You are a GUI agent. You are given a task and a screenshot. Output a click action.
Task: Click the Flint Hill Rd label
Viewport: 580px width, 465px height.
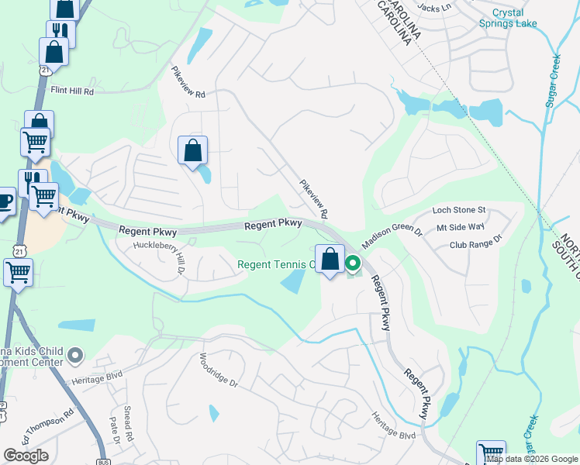tap(72, 91)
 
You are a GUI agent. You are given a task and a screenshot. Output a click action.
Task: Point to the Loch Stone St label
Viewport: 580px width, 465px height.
tap(458, 210)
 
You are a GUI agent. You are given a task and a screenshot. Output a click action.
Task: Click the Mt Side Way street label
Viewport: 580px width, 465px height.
tap(461, 227)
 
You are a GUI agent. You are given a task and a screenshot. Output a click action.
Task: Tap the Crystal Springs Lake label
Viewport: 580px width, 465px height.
tap(519, 18)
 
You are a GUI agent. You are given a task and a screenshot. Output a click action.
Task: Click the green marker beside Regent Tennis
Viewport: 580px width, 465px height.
tap(353, 264)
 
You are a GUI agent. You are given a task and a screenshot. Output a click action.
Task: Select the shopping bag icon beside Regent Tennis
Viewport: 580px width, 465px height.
tap(330, 259)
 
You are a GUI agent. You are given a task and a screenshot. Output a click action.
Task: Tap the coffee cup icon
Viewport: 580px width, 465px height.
tap(4, 201)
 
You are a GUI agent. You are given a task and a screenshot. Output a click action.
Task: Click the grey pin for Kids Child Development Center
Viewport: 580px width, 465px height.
tap(75, 356)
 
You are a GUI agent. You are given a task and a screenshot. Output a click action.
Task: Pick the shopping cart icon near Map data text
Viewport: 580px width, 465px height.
tap(491, 453)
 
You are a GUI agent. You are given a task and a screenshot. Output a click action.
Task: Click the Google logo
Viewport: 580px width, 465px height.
tap(26, 456)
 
